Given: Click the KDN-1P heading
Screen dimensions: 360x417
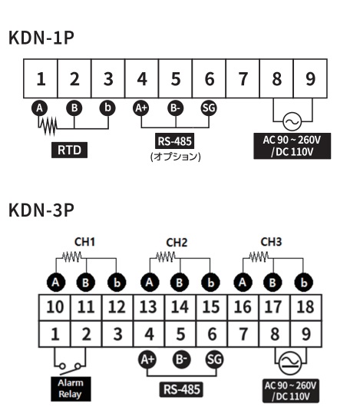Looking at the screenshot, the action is tap(41, 38).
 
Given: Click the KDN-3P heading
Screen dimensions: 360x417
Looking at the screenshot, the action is tap(41, 210).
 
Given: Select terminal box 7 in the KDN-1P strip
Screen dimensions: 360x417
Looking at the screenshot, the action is tap(243, 79).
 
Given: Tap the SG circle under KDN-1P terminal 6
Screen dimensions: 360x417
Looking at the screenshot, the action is tap(209, 108).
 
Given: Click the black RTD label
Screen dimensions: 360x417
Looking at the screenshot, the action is tap(69, 150).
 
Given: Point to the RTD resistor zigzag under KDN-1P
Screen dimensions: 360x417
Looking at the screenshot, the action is tap(48, 125).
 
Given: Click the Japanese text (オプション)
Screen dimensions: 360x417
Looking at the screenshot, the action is tap(176, 157).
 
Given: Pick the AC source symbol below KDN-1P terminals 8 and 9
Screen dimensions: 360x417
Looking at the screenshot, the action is tap(292, 121).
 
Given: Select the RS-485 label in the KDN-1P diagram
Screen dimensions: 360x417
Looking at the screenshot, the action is tap(175, 141).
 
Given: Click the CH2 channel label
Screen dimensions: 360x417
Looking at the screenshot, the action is tap(177, 243).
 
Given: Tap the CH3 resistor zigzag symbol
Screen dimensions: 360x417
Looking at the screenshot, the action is tap(259, 257).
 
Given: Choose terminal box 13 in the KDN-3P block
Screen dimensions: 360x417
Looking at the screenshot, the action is tap(149, 307).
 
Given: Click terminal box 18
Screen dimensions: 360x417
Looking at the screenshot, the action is tap(306, 307).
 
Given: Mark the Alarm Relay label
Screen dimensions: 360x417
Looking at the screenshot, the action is tap(71, 389).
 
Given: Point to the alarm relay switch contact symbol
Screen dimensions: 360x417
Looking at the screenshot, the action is tap(70, 368).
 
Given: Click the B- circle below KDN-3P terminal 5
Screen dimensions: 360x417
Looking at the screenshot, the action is tap(181, 359).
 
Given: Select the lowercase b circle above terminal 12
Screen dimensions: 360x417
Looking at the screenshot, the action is tap(117, 283).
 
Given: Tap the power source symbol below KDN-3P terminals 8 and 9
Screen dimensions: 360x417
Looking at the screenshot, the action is tap(290, 363).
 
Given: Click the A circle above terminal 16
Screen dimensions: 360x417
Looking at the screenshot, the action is tap(243, 283).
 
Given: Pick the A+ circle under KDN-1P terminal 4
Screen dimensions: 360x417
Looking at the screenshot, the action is tap(141, 108).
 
